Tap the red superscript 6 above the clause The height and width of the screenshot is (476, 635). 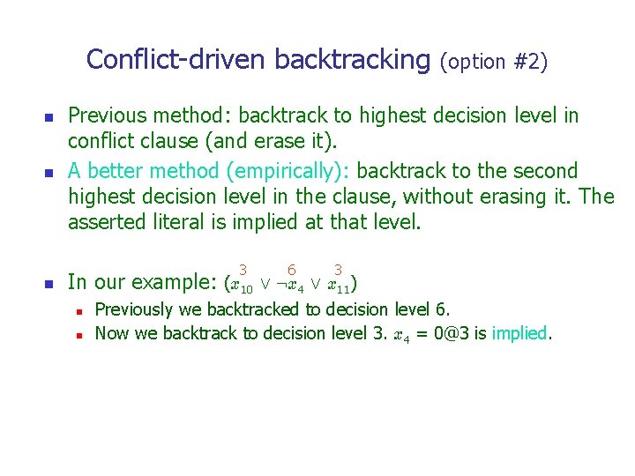pyautogui.click(x=291, y=268)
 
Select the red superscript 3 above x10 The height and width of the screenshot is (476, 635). pyautogui.click(x=242, y=268)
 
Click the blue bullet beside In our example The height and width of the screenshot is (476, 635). pyautogui.click(x=49, y=284)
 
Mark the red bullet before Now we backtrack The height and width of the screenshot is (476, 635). pyautogui.click(x=79, y=334)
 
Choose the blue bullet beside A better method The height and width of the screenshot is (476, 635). pyautogui.click(x=49, y=171)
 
